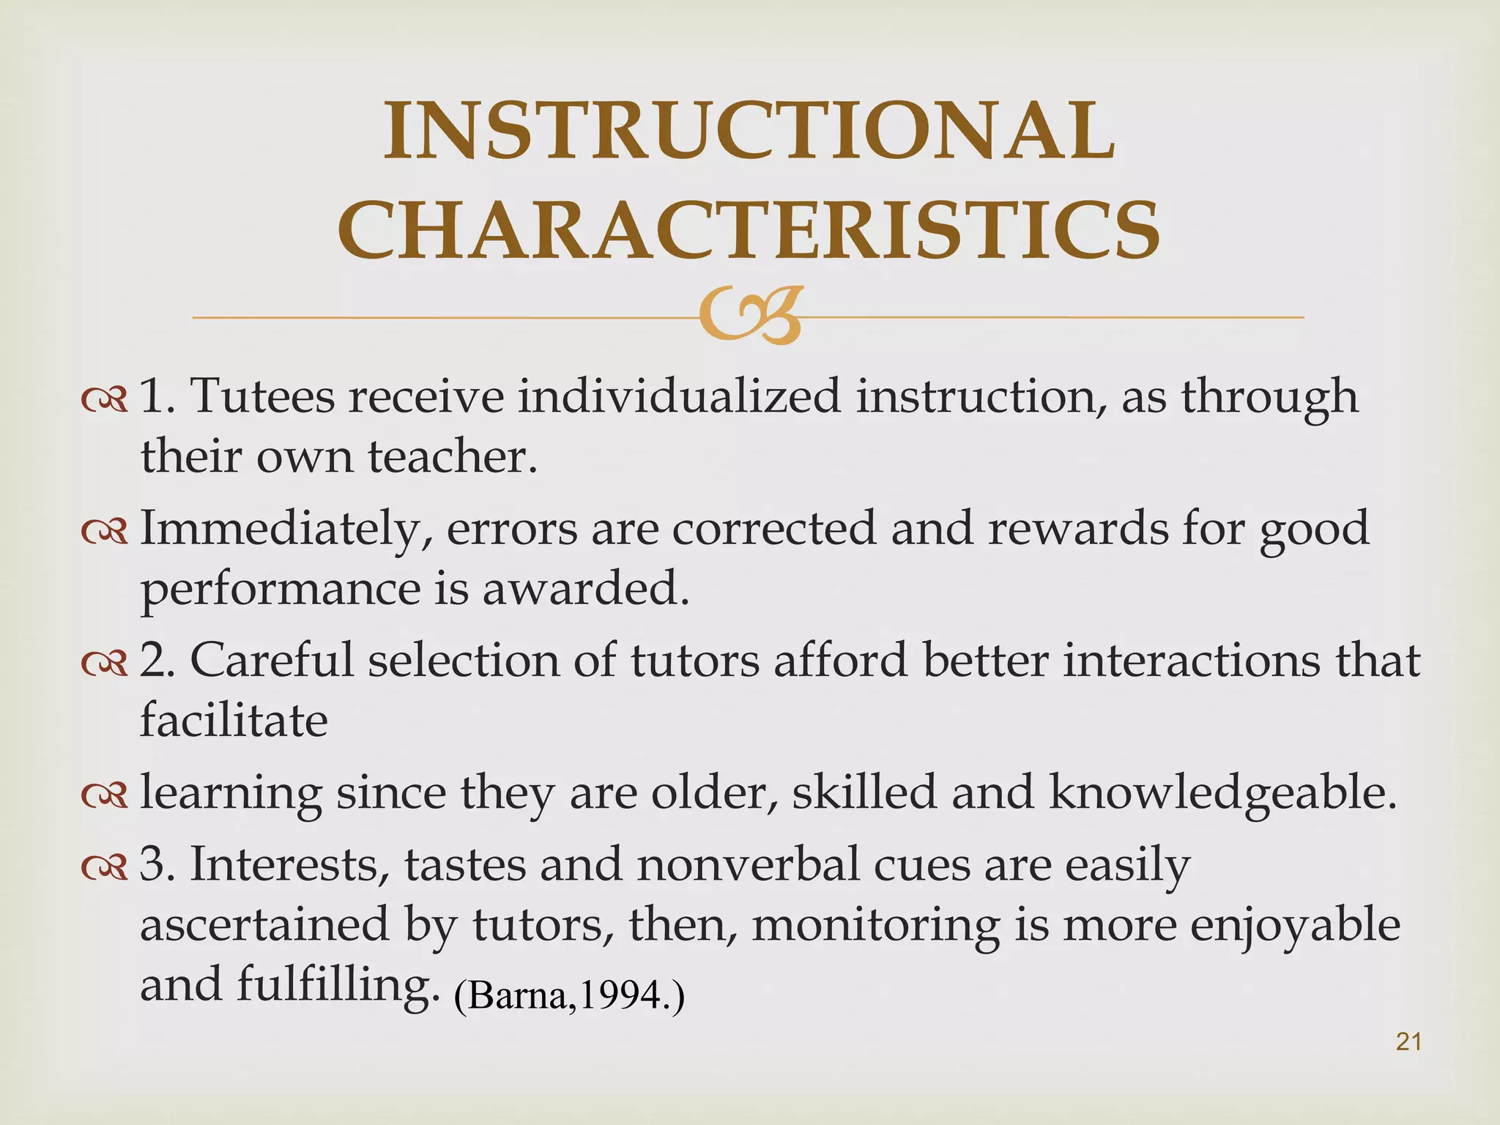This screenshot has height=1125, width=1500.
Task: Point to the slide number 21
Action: point(1408,1041)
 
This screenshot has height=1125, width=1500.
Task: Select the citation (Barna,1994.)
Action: point(569,995)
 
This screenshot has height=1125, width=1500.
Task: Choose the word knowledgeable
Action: point(1222,793)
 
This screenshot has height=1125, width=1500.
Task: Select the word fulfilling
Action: point(333,985)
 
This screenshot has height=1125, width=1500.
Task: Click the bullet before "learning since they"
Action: point(105,794)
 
